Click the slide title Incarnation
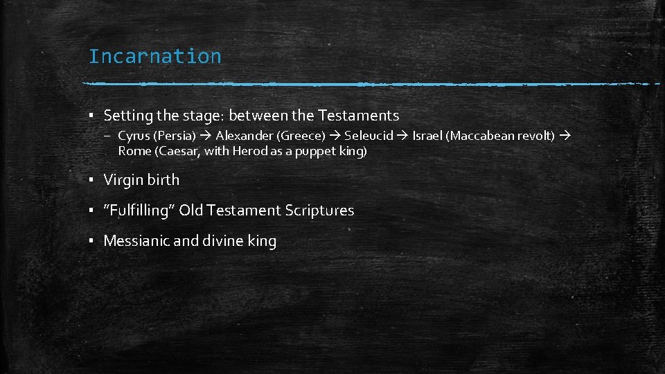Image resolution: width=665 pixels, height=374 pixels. pyautogui.click(x=154, y=56)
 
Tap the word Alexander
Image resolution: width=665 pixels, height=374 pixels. pyautogui.click(x=244, y=136)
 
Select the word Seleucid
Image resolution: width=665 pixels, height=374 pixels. pyautogui.click(x=369, y=136)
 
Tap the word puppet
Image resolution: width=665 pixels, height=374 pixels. pyautogui.click(x=315, y=151)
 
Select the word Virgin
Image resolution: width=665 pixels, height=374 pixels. pyautogui.click(x=122, y=180)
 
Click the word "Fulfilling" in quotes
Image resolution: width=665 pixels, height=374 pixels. pyautogui.click(x=139, y=211)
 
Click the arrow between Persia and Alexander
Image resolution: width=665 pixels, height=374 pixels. pyautogui.click(x=206, y=136)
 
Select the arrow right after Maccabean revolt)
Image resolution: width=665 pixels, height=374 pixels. pyautogui.click(x=562, y=136)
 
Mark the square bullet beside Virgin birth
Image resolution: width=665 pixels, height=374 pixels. pyautogui.click(x=91, y=181)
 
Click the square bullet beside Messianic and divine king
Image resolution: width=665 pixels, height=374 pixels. pyautogui.click(x=91, y=242)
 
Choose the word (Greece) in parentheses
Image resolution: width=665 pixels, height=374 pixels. pyautogui.click(x=301, y=136)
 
